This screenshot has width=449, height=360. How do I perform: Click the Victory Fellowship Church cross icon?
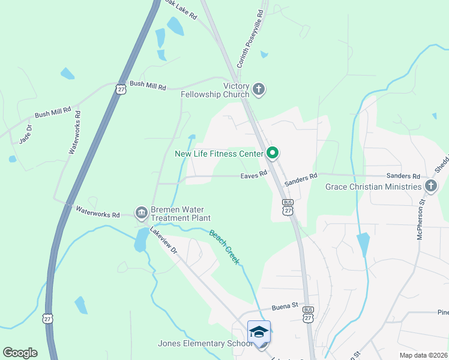(259, 90)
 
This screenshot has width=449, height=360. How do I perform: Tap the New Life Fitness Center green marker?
(272, 154)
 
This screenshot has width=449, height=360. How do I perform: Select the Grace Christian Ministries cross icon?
(430, 187)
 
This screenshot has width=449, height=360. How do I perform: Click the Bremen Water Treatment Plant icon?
(142, 212)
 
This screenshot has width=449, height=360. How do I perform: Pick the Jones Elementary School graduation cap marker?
(259, 332)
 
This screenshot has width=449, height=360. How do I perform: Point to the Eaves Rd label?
(253, 176)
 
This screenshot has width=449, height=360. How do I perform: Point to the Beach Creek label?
(224, 247)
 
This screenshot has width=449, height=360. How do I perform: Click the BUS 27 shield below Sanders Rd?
(288, 207)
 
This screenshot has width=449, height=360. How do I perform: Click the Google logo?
(20, 353)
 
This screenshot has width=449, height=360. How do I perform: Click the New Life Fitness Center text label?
(219, 154)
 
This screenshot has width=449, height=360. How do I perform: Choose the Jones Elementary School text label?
(205, 344)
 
